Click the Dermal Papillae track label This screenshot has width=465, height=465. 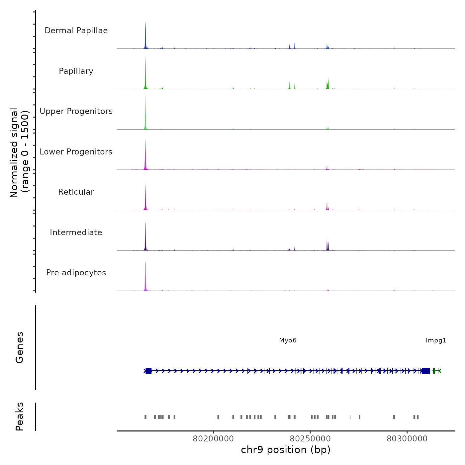tap(76, 31)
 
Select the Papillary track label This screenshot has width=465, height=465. tap(76, 71)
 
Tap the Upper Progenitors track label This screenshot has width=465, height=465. tap(76, 111)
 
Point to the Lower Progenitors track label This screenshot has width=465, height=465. tap(76, 152)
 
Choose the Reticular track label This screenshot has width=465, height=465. tap(76, 192)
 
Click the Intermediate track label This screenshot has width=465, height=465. tap(76, 232)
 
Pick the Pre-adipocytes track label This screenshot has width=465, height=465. tap(76, 273)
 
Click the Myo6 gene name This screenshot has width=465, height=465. tap(288, 340)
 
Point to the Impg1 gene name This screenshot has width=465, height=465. tap(436, 340)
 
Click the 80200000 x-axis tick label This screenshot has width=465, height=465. tap(213, 439)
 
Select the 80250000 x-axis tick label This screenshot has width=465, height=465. tap(310, 439)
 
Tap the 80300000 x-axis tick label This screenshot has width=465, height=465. tap(407, 439)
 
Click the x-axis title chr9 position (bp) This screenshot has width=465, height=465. tap(286, 450)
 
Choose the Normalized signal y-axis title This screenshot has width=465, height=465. tap(19, 153)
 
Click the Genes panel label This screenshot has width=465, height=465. tap(19, 347)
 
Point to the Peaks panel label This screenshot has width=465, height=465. tap(19, 417)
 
